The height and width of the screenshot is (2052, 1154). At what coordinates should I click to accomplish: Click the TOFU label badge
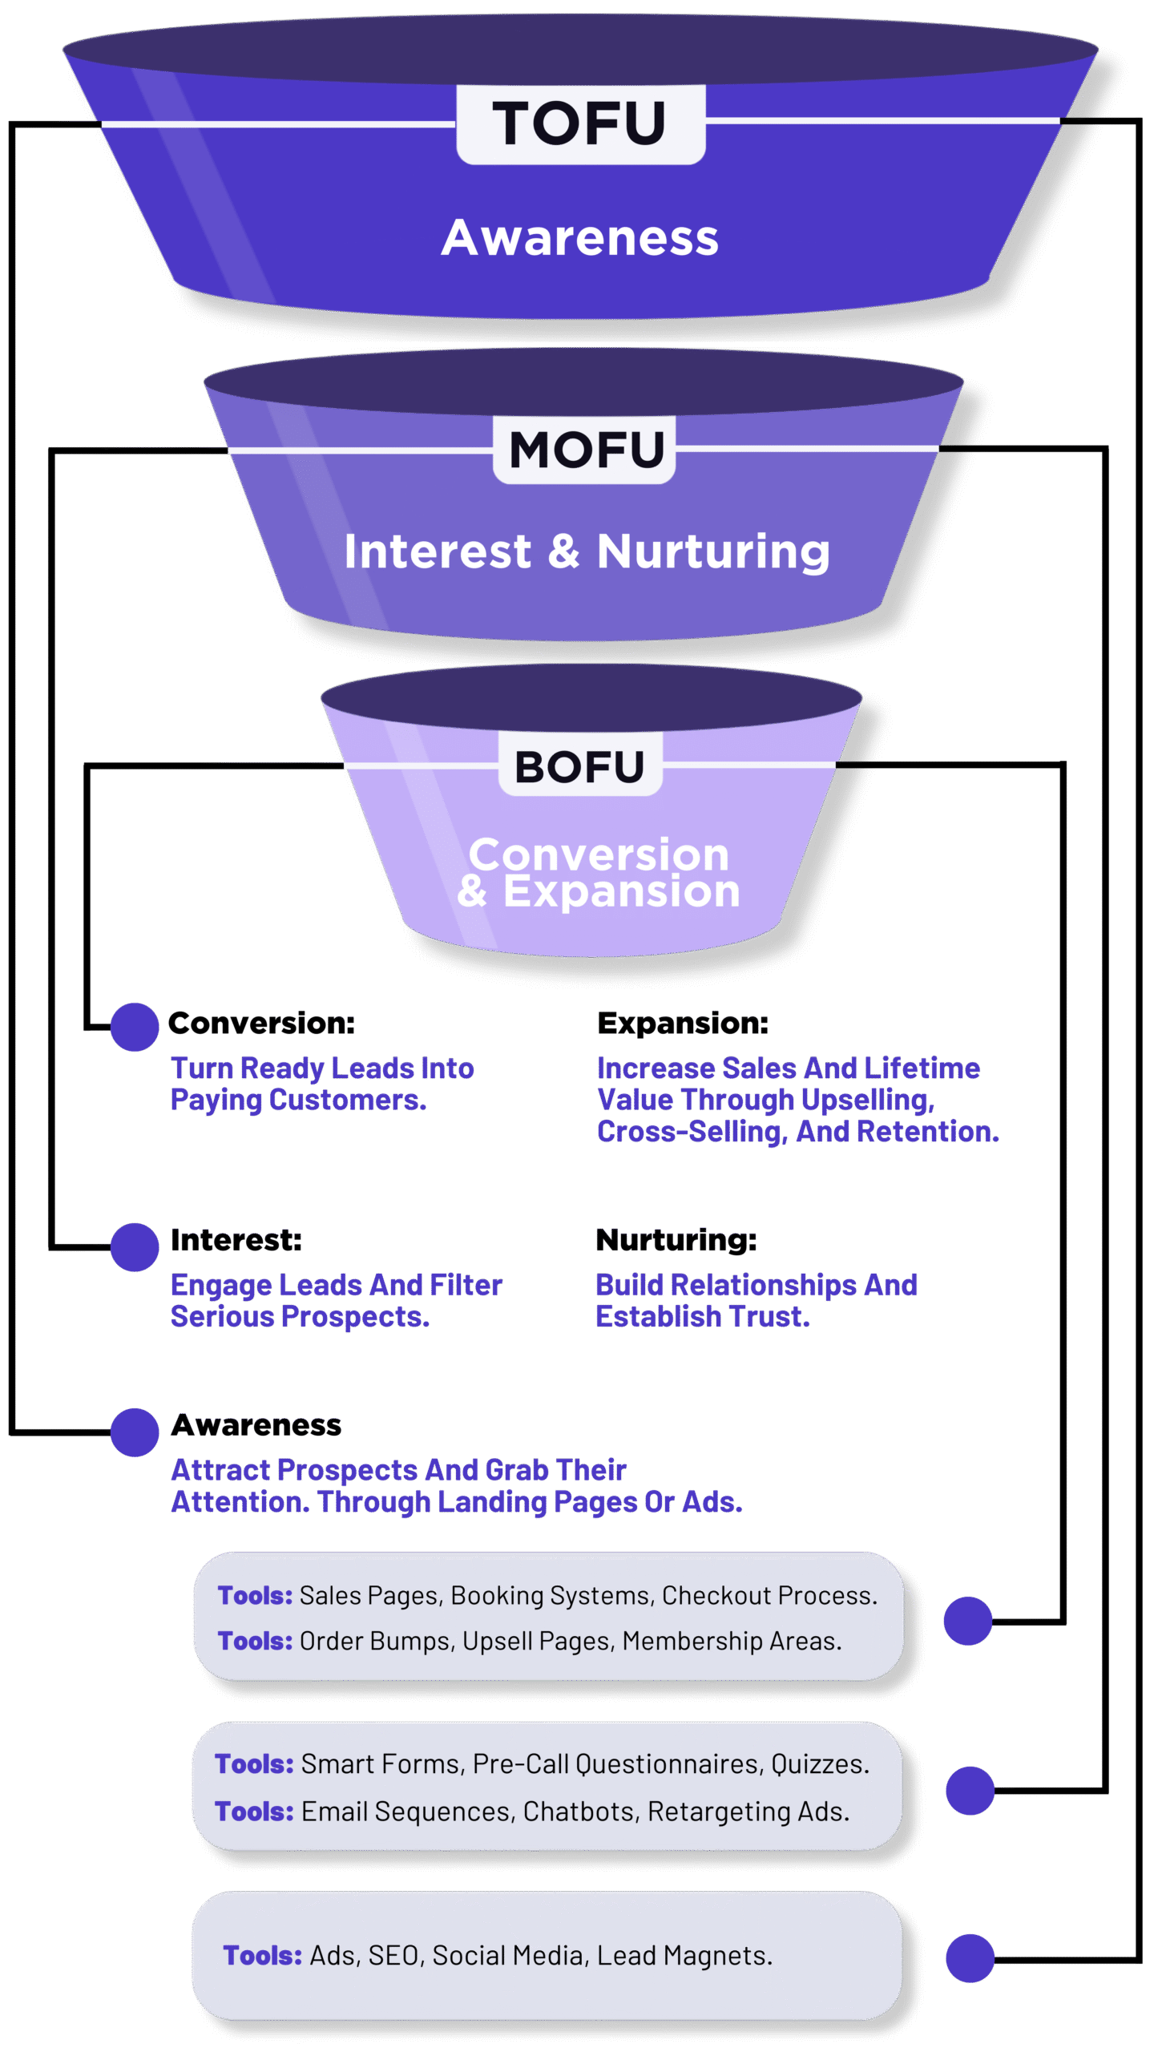[x=580, y=124]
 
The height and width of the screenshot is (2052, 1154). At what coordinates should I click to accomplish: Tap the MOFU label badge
[x=584, y=449]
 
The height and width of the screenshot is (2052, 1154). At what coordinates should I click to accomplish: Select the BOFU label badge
[x=579, y=765]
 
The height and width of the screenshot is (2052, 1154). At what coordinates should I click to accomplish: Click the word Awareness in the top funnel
[x=579, y=238]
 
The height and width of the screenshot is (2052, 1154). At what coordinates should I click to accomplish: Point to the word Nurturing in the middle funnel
[x=712, y=552]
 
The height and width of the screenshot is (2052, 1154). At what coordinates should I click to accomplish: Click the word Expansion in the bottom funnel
[x=621, y=891]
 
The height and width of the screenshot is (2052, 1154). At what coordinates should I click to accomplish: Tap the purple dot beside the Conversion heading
[x=135, y=1027]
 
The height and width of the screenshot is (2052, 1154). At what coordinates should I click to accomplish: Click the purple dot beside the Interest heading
[x=135, y=1246]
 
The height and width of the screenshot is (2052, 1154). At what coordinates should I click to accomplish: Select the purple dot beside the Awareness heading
[x=135, y=1432]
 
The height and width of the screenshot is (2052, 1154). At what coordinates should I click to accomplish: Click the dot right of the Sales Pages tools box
[x=967, y=1621]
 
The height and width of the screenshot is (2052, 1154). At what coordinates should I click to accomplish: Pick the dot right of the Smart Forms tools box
[x=970, y=1790]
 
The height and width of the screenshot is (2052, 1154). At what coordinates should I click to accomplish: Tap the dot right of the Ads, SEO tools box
[x=970, y=1957]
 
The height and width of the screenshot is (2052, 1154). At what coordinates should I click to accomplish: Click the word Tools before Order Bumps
[x=254, y=1641]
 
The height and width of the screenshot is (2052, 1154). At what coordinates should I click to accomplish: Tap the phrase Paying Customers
[x=297, y=1101]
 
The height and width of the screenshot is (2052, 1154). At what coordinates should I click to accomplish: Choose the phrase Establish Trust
[x=702, y=1317]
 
